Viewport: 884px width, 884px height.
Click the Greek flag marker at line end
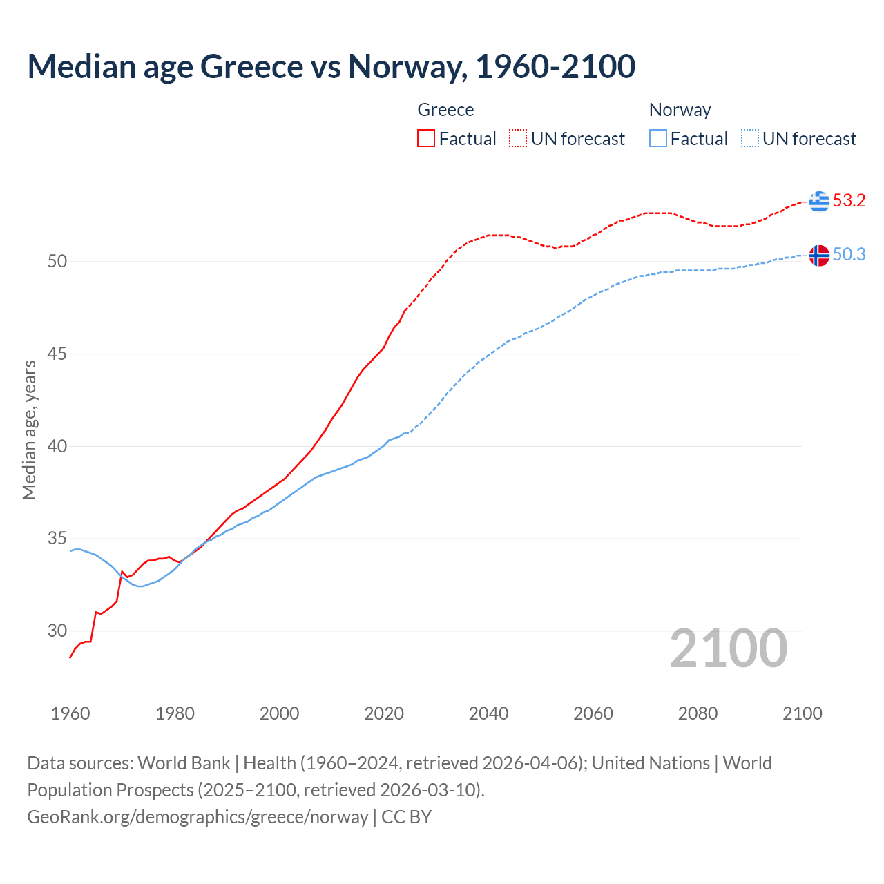pyautogui.click(x=819, y=201)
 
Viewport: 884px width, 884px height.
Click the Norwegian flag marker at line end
pyautogui.click(x=819, y=255)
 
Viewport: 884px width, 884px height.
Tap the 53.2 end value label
pyautogui.click(x=849, y=201)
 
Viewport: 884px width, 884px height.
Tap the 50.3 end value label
pyautogui.click(x=849, y=255)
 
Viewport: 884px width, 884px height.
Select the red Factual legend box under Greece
pyautogui.click(x=426, y=138)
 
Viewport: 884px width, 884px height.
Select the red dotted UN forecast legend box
pyautogui.click(x=518, y=138)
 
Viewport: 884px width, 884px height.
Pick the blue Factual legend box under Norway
pyautogui.click(x=657, y=138)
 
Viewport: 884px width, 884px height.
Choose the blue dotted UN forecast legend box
pyautogui.click(x=749, y=138)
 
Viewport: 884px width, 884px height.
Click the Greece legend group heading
pyautogui.click(x=445, y=110)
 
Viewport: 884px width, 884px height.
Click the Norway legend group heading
pyautogui.click(x=680, y=110)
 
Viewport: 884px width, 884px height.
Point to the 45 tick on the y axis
pyautogui.click(x=57, y=354)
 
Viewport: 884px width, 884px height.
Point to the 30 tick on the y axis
pyautogui.click(x=57, y=631)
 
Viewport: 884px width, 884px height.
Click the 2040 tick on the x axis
pyautogui.click(x=488, y=713)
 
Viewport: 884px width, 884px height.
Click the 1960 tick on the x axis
pyautogui.click(x=70, y=713)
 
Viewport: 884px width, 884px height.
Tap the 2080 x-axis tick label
pyautogui.click(x=698, y=713)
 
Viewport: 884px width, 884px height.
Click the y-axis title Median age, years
pyautogui.click(x=30, y=430)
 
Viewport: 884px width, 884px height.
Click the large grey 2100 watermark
pyautogui.click(x=728, y=648)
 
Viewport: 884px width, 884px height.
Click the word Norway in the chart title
pyautogui.click(x=405, y=66)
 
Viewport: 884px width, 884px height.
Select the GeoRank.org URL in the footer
pyautogui.click(x=198, y=817)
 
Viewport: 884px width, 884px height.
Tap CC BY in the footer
pyautogui.click(x=406, y=817)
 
